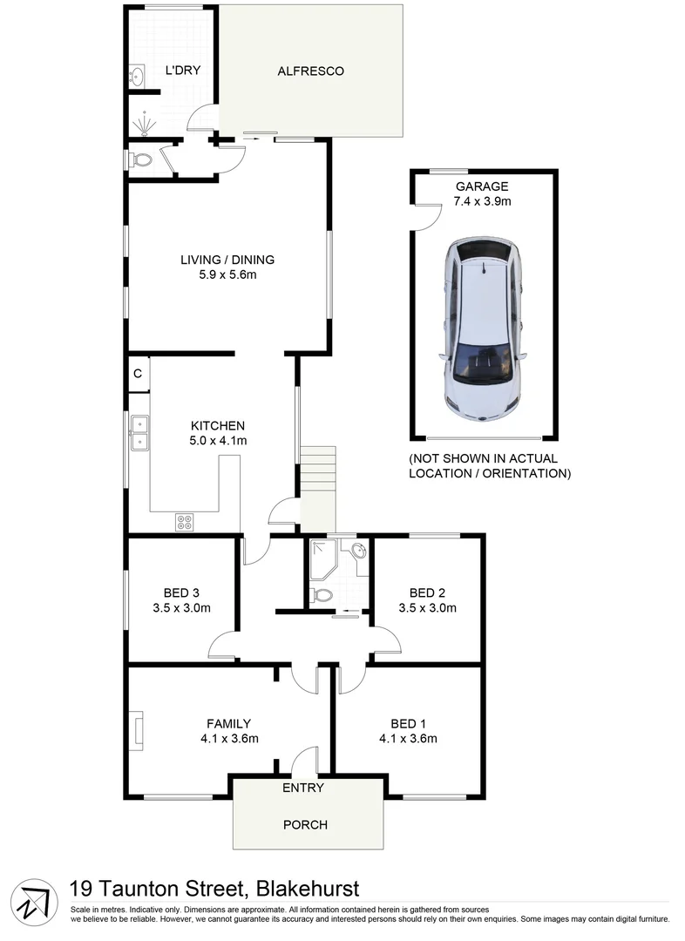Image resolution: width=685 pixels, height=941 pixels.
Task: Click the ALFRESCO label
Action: point(310,71)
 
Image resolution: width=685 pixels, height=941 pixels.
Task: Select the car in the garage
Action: point(482,330)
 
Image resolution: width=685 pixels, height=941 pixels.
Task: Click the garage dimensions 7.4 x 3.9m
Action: point(481,201)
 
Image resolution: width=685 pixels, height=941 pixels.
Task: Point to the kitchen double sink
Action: point(139,433)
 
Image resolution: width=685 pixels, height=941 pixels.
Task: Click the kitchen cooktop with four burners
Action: point(185,522)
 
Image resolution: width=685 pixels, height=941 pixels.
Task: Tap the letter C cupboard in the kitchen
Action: point(138,374)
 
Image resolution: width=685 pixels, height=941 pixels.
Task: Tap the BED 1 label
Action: point(408,723)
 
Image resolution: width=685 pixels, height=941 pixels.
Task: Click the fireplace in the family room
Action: point(136,730)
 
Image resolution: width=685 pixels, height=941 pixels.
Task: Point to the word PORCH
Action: point(306,824)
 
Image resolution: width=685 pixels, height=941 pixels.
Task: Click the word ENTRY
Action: point(302,788)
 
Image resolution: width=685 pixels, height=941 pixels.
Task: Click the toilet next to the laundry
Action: point(142,160)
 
